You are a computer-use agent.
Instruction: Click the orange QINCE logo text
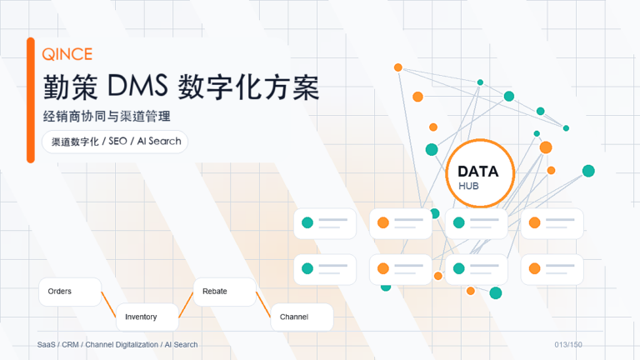67,54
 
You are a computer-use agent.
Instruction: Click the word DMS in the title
137,86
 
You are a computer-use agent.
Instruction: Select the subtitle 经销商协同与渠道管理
107,117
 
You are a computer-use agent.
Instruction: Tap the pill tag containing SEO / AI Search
115,142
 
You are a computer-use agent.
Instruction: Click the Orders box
70,292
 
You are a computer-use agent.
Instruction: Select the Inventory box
147,317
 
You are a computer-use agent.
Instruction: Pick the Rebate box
225,292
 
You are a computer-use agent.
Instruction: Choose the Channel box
302,317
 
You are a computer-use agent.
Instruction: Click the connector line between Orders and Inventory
108,304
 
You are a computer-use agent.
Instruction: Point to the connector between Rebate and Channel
263,304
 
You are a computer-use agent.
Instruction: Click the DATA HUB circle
480,173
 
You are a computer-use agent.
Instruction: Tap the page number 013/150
568,345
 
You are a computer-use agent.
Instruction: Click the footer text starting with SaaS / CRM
117,345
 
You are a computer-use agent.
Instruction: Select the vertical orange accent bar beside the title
31,100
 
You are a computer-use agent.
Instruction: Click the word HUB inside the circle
468,186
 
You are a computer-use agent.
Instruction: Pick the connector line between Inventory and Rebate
186,304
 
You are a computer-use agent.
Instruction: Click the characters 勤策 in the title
71,87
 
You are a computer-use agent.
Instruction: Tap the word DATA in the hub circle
478,172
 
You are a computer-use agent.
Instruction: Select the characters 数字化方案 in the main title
248,87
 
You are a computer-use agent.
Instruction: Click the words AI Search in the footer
181,345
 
